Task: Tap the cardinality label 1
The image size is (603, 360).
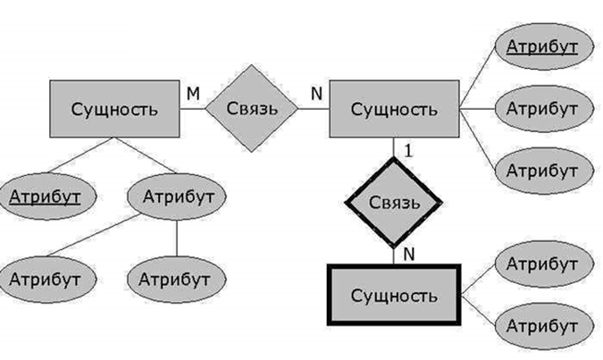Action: pos(407,151)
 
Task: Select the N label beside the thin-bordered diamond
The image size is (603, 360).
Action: pos(314,92)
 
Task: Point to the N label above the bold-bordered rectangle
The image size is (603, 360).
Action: pos(408,254)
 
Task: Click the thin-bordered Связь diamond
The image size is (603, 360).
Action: pos(252,109)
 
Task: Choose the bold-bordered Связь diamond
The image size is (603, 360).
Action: pos(394,203)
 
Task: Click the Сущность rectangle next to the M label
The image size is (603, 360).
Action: pos(113,110)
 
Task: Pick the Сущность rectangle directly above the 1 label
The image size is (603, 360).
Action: pos(394,110)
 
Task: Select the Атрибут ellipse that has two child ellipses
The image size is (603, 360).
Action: pos(176,195)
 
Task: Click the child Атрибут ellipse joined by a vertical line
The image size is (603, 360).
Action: pos(175,279)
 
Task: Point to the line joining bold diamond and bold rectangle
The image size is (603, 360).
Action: pos(394,255)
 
